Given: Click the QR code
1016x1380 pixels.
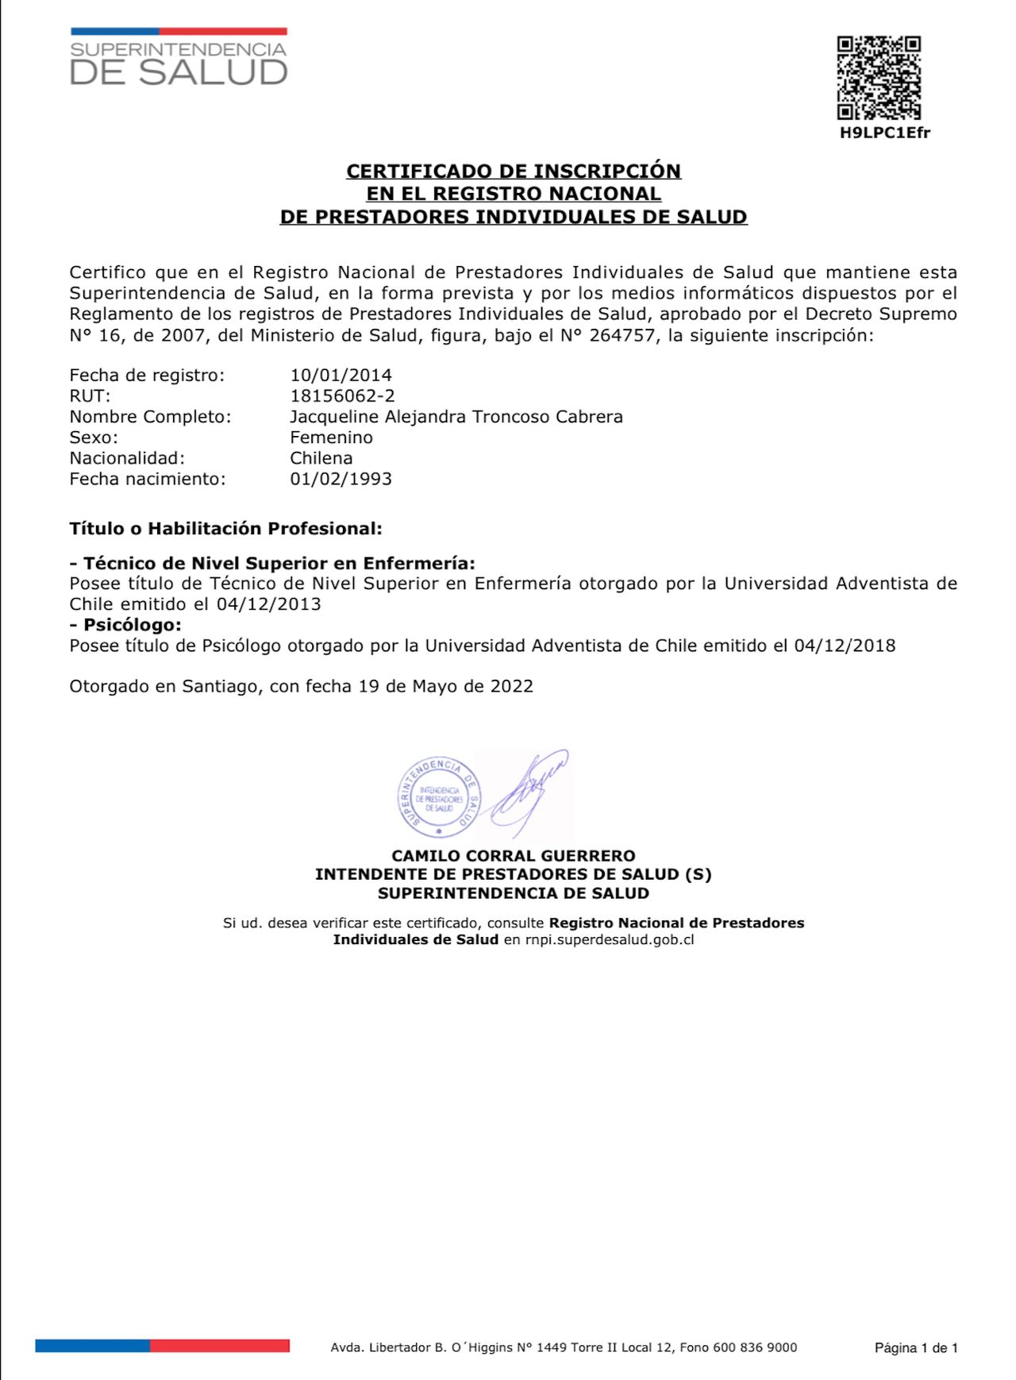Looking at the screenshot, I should pos(879,77).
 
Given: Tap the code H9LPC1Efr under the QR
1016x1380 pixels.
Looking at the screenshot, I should pos(884,133).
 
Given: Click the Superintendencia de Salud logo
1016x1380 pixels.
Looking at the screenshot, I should pos(179,58).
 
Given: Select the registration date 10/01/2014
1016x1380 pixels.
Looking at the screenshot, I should pos(341,375).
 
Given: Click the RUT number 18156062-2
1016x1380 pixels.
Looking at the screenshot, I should pos(342,395).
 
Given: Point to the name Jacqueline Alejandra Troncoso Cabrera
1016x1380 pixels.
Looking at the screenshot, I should pos(456,417).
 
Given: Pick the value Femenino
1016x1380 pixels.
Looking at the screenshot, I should pos(331,438).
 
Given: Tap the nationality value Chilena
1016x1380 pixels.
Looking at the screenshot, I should pos(321,458).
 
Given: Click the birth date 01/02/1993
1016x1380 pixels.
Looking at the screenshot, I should pos(341,479).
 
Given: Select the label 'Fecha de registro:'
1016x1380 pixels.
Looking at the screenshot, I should pos(147,375).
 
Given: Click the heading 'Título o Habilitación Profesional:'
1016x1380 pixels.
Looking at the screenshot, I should pos(225,529).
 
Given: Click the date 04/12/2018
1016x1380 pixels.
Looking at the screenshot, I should pos(845,646).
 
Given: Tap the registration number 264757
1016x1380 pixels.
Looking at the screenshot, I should pos(622,335).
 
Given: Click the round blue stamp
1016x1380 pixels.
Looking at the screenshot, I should pos(438,796).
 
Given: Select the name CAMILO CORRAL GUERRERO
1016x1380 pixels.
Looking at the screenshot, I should pos(514,856).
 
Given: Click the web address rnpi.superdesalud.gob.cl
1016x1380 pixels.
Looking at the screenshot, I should pos(610,940).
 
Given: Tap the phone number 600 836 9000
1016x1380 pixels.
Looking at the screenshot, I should pos(755,1347).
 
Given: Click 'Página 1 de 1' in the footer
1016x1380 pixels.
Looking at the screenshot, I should pos(916,1347).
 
